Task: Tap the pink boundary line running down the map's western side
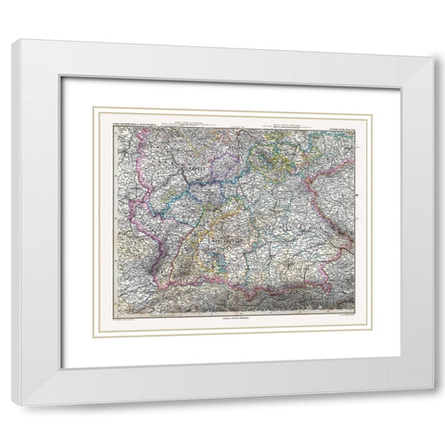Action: [x=140, y=213]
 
